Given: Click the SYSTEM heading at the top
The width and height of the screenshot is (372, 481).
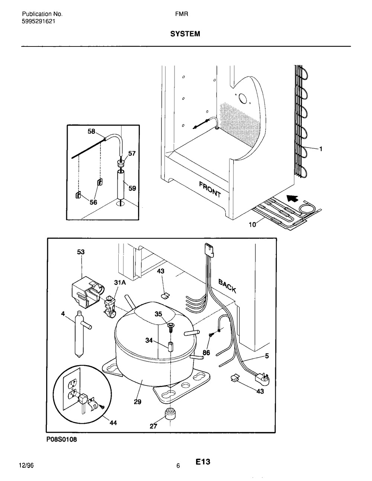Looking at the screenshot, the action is tap(185, 34).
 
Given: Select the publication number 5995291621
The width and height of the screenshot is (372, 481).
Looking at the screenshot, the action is tap(38, 22).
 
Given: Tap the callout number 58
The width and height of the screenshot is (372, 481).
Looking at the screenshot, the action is tap(91, 132).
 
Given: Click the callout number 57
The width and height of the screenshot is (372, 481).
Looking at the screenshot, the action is tap(132, 154).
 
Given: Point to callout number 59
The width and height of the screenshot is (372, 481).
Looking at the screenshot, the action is tap(132, 188).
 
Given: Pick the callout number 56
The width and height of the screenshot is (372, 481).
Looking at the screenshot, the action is tap(93, 202).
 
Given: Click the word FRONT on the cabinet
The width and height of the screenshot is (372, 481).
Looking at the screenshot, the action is tap(210, 190).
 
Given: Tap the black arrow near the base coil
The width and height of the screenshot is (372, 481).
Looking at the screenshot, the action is tap(292, 198).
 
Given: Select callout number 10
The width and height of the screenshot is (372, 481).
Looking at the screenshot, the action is tap(253, 225).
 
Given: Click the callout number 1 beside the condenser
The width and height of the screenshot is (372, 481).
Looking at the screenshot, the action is tap(320, 149).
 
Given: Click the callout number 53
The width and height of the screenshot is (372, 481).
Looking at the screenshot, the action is tap(81, 252).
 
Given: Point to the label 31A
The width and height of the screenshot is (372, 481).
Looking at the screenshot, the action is tap(120, 283).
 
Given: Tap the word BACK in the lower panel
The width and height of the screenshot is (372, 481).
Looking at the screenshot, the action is tap(227, 286).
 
